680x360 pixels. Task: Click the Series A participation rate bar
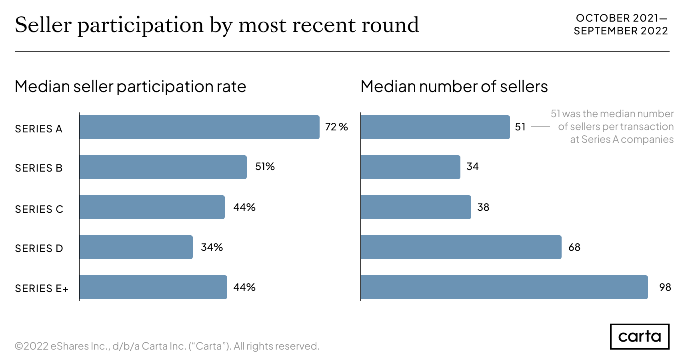(199, 127)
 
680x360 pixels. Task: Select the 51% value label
(265, 166)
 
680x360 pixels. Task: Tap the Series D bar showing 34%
(136, 247)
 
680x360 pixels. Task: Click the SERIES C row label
(39, 209)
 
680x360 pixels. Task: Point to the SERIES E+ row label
(42, 288)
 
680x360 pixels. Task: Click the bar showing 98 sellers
(504, 287)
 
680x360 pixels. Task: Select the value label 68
(574, 247)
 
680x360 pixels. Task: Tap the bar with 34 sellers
(410, 167)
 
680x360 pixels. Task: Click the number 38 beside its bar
(483, 207)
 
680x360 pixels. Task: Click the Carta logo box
(639, 336)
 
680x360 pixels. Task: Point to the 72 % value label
(336, 127)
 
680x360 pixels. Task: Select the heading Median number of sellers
(454, 86)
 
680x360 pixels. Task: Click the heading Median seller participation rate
(130, 86)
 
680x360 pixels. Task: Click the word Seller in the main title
(43, 25)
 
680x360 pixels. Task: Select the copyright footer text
(167, 346)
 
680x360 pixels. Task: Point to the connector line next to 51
(540, 127)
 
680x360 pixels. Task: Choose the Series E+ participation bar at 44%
(153, 287)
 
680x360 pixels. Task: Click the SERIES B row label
(39, 168)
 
